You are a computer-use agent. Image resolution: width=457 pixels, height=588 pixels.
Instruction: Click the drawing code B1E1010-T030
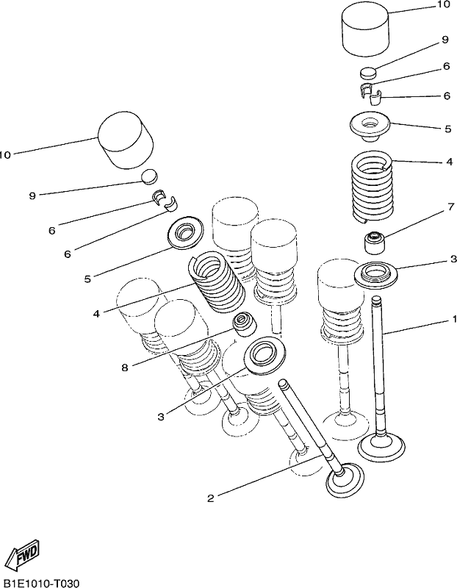40,583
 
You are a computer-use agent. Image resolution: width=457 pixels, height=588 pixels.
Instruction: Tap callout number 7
450,207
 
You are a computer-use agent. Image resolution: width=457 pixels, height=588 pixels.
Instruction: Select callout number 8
125,367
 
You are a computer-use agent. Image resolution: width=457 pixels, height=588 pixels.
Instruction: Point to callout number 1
454,319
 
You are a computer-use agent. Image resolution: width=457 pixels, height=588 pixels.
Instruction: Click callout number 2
211,498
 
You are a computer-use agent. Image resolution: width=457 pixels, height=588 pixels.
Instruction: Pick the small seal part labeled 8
245,323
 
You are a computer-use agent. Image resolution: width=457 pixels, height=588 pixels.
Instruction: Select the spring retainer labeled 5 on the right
370,126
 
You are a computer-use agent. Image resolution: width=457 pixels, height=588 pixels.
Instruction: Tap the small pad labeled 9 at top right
368,72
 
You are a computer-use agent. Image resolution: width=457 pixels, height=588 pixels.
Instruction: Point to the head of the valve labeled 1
382,447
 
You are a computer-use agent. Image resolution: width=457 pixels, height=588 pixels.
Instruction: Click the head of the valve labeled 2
345,481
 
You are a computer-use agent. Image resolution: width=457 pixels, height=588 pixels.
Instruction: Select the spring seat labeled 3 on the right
376,275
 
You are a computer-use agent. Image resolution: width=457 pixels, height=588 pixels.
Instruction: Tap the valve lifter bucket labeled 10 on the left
126,140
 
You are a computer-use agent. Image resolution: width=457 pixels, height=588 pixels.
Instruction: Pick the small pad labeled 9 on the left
149,176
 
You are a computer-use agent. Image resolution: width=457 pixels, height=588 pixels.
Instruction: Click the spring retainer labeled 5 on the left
186,232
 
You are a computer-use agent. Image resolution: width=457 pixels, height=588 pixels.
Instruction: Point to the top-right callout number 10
442,4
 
